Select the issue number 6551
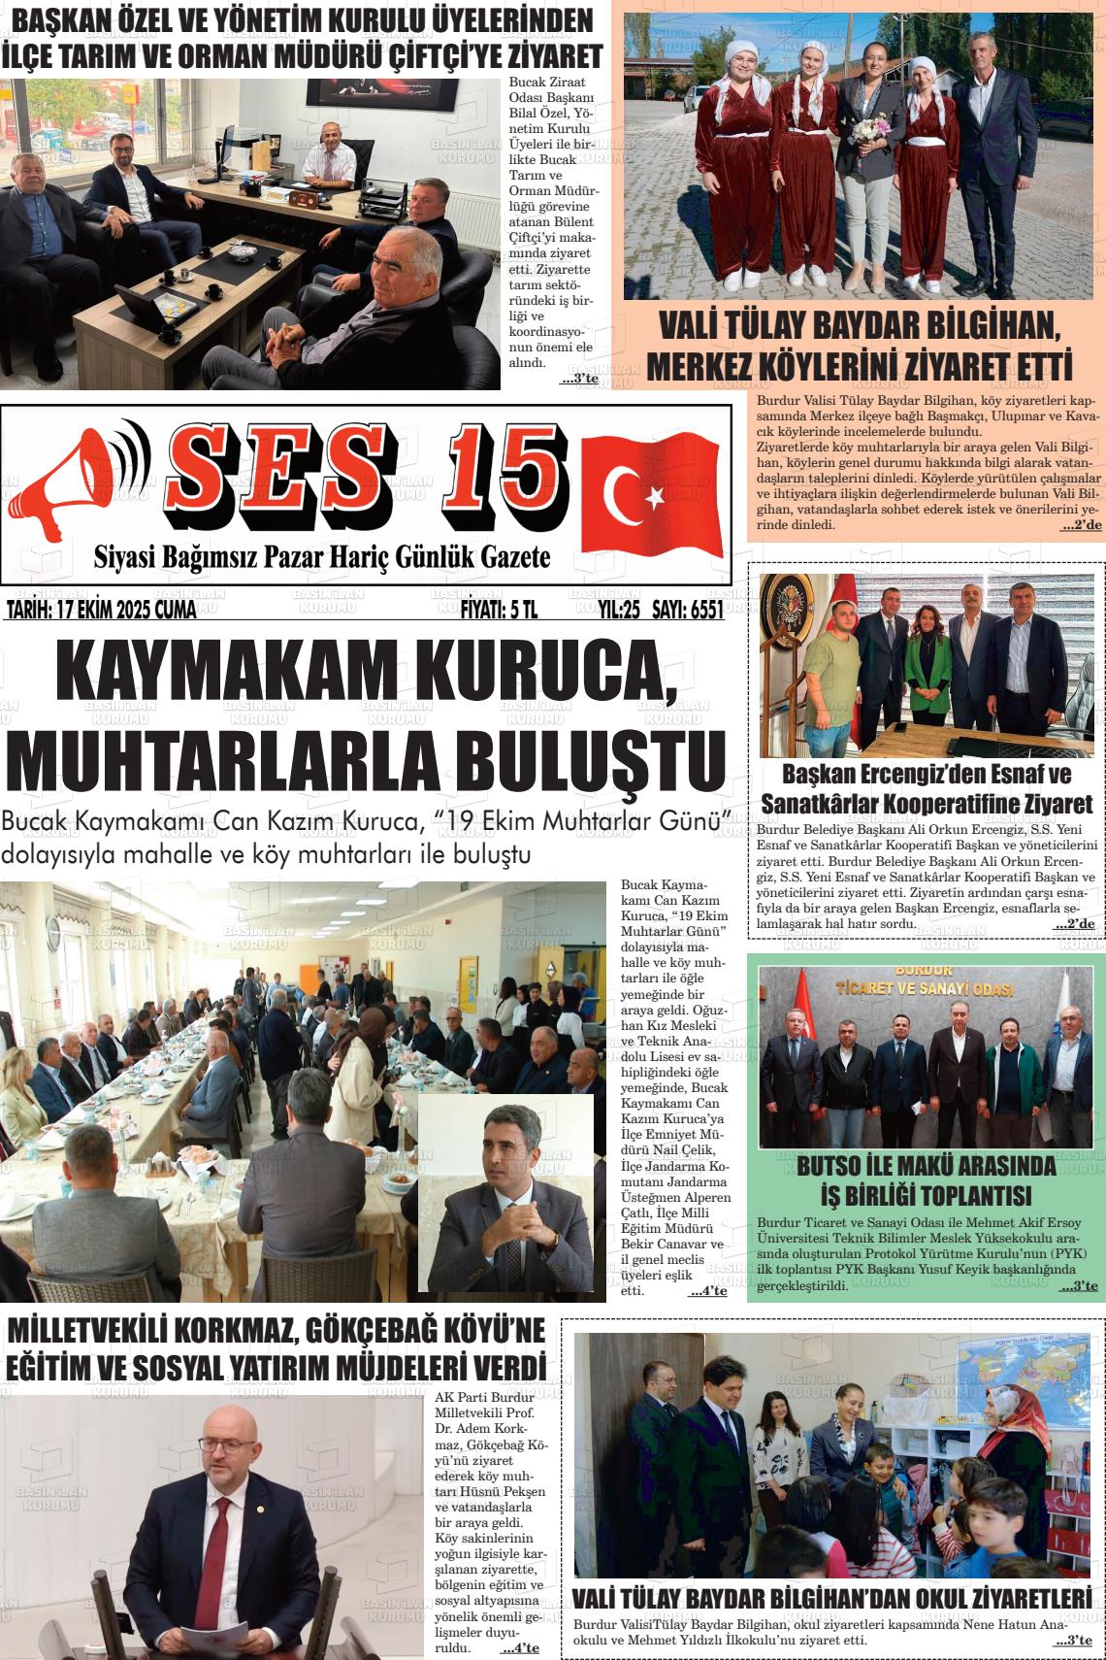pos(702,610)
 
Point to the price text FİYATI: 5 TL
pos(499,610)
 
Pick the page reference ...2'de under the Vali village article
pos(1081,525)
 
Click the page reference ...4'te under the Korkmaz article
pos(520,1648)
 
